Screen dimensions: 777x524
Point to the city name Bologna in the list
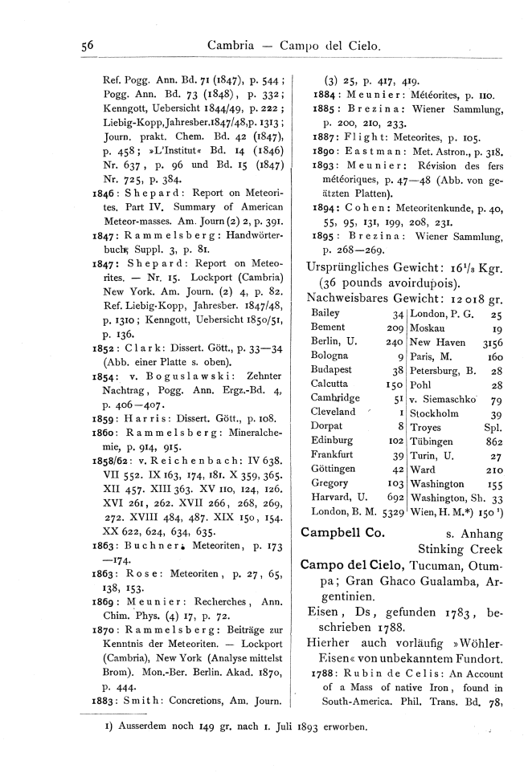coord(329,356)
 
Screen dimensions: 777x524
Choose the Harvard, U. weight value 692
coord(391,497)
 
